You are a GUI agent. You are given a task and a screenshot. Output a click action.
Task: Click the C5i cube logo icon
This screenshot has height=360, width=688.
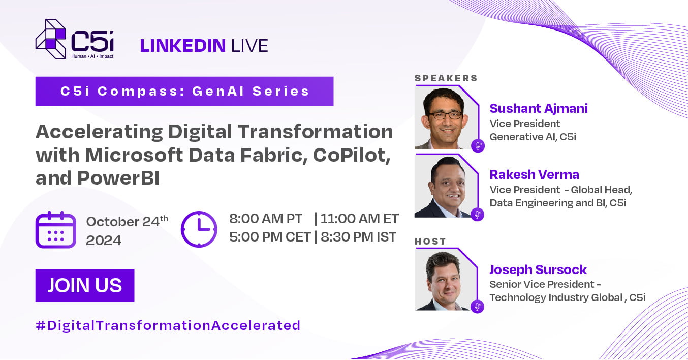[51, 39]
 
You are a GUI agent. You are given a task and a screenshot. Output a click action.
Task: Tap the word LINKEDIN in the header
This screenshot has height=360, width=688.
[183, 45]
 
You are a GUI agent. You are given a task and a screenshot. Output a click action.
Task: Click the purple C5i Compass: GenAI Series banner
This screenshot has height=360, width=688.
[184, 92]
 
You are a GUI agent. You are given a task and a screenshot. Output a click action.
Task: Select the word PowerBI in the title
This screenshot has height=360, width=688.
[118, 178]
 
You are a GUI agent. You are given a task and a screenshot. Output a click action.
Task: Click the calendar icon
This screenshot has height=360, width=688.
[55, 230]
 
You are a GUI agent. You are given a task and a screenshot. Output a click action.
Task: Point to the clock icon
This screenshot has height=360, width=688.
[199, 229]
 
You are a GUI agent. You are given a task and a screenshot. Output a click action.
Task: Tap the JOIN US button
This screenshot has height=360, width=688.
[85, 285]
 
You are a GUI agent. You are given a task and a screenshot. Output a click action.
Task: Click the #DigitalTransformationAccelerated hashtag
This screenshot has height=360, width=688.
[168, 325]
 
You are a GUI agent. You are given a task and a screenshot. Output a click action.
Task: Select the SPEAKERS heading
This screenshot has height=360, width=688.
[446, 78]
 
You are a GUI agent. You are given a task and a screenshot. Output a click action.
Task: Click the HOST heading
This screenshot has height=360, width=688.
[430, 242]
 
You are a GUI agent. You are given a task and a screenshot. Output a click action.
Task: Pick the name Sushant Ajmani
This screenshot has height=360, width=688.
[539, 108]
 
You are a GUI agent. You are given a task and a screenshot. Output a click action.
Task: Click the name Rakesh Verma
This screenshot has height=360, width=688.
[535, 174]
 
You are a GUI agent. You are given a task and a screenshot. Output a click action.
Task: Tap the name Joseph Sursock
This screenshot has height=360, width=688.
[538, 270]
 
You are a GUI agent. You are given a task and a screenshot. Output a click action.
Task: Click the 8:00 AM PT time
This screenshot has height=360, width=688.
[266, 219]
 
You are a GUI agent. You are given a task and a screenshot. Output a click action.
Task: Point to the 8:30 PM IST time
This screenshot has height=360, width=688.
[358, 237]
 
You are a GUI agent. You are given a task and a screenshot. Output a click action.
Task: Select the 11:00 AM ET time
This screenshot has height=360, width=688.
[360, 219]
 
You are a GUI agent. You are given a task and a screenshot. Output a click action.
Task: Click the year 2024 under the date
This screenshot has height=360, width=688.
[104, 241]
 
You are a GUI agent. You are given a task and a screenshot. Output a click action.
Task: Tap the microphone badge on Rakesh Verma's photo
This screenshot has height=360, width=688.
[478, 214]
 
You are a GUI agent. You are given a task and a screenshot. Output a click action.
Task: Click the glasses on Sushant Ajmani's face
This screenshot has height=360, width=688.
[446, 115]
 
